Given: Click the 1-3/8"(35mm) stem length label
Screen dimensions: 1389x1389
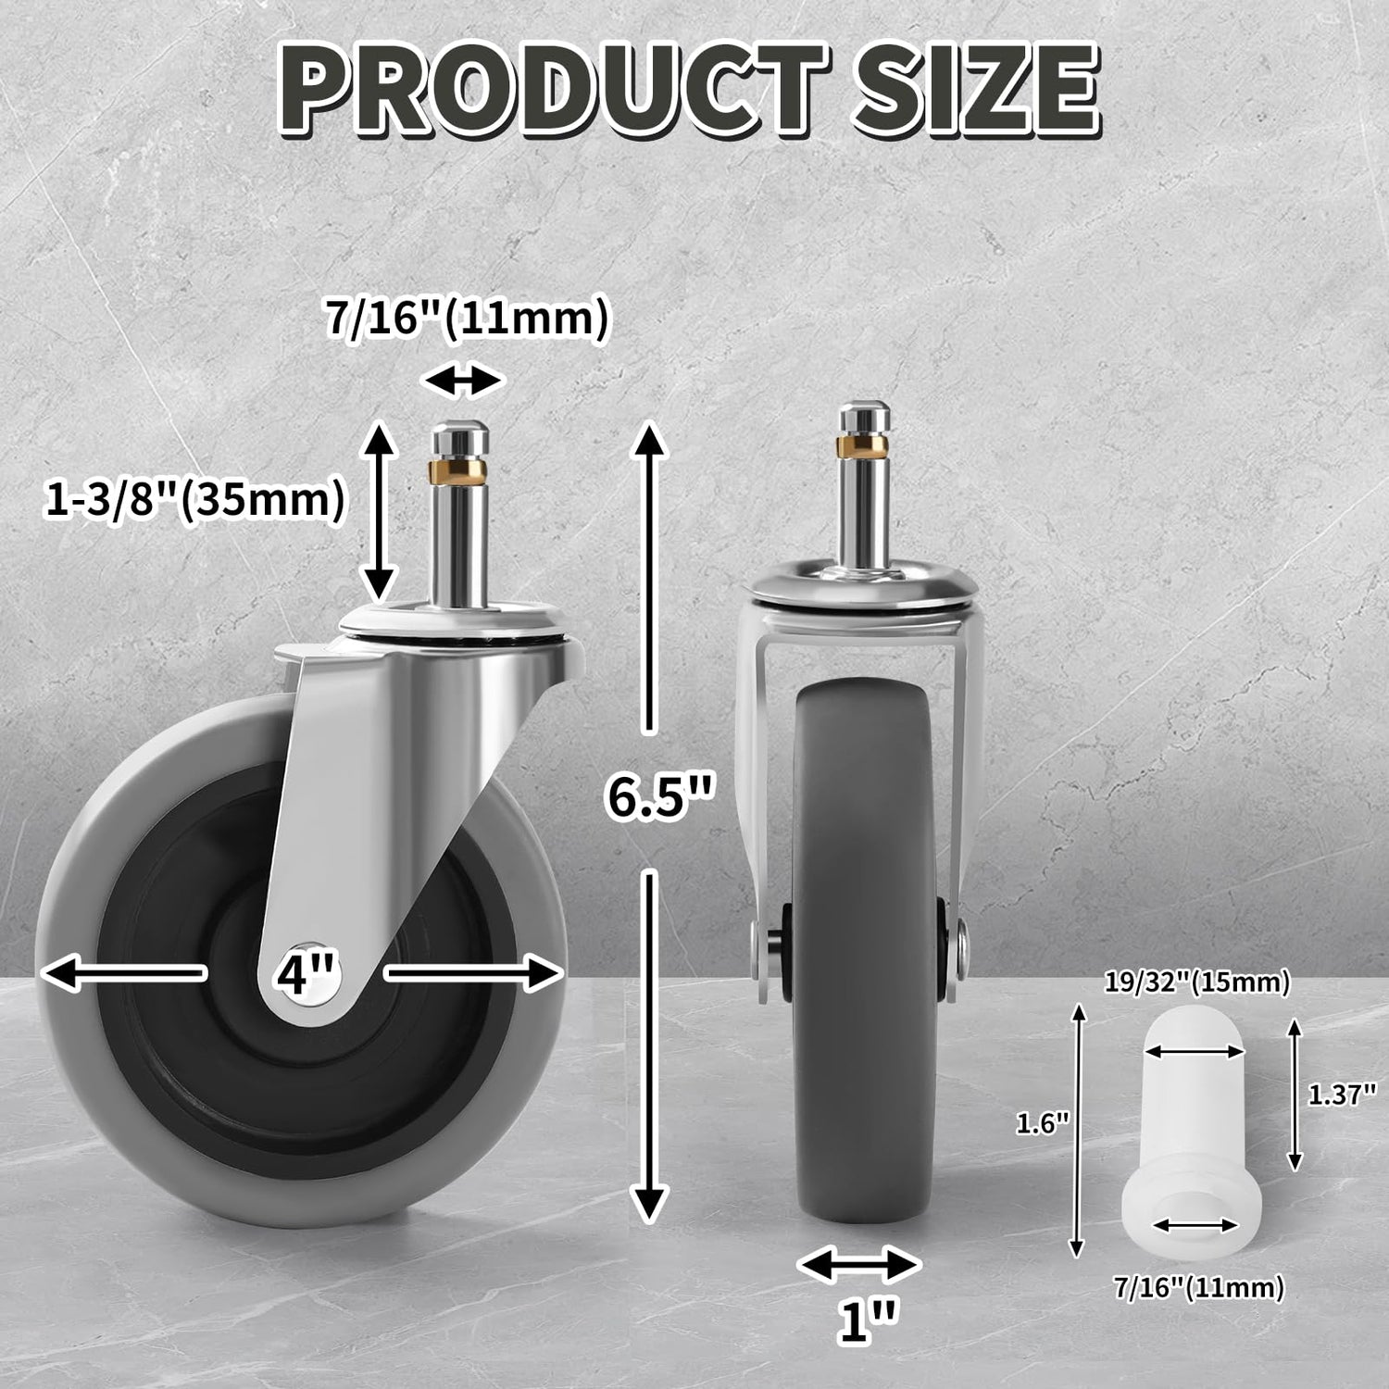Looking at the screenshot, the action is pyautogui.click(x=194, y=500).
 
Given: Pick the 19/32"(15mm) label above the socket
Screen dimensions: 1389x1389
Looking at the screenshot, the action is pyautogui.click(x=1197, y=982).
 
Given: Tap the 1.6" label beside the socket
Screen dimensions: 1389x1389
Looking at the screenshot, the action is pyautogui.click(x=1043, y=1124).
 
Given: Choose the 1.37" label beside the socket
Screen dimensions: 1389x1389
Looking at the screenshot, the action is pyautogui.click(x=1342, y=1095).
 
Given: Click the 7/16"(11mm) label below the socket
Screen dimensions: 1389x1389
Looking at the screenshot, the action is pyautogui.click(x=1199, y=1287).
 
